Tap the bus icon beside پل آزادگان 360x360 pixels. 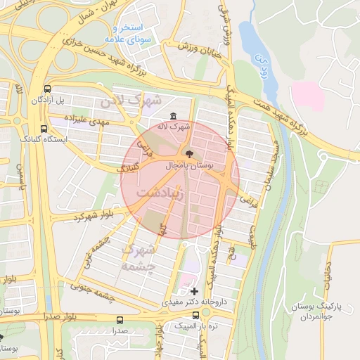coord(47,89)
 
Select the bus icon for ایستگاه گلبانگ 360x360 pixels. coord(44,129)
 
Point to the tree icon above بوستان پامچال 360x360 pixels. coord(188,153)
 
